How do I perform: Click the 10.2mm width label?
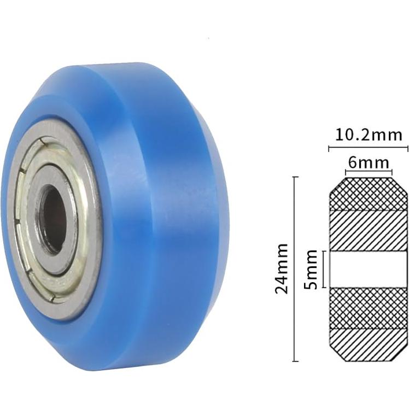click(368, 135)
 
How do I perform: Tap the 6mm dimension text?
click(368, 162)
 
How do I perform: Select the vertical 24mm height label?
click(282, 269)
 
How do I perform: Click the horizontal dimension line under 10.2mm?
click(368, 148)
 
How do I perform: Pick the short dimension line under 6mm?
click(368, 172)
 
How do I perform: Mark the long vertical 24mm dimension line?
click(295, 269)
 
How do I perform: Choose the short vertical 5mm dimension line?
click(324, 269)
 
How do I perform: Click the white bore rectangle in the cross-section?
click(368, 269)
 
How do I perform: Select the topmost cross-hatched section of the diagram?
click(368, 194)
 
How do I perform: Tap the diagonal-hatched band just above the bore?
click(368, 230)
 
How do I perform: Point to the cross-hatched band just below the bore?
click(368, 307)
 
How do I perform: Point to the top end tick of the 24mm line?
click(295, 177)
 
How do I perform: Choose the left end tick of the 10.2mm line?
click(329, 148)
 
